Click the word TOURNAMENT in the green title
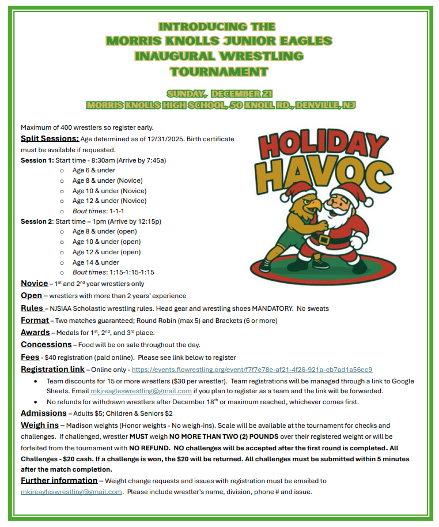[219, 71]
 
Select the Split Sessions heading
[50, 138]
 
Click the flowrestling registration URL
[252, 370]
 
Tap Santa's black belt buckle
[324, 238]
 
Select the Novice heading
[34, 284]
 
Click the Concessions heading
[46, 344]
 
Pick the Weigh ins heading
[40, 425]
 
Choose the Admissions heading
[44, 413]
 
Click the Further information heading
[59, 480]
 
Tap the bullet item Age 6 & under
[93, 171]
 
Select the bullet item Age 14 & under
[96, 262]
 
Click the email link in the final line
[71, 492]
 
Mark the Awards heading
[35, 332]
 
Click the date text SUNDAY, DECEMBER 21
[219, 93]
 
